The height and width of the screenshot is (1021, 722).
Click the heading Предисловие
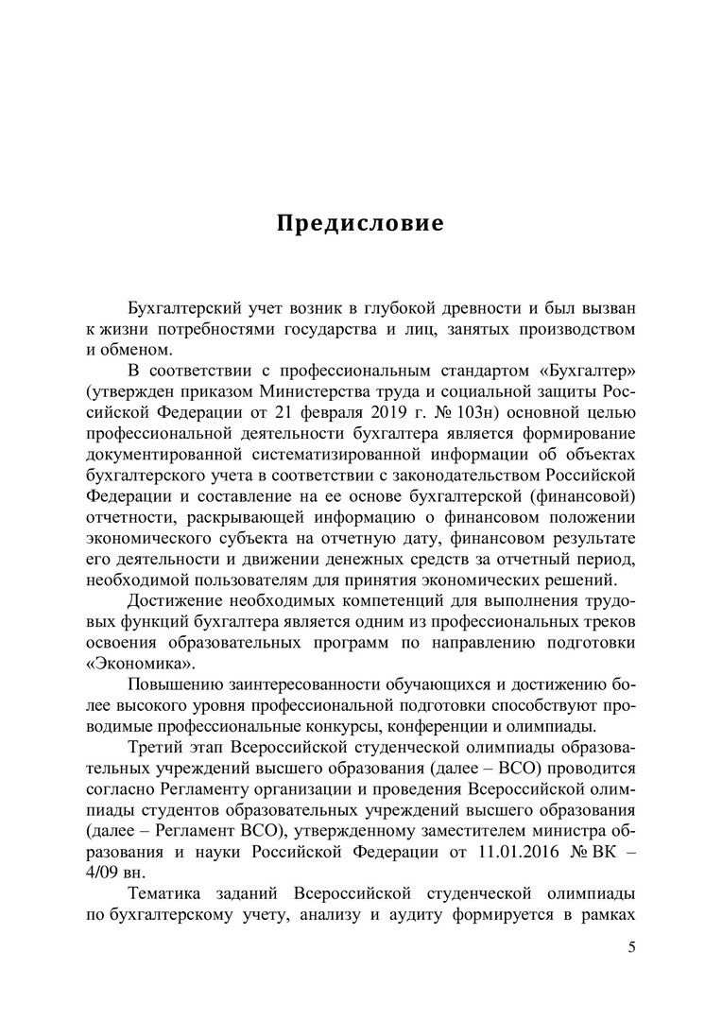coord(360,225)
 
